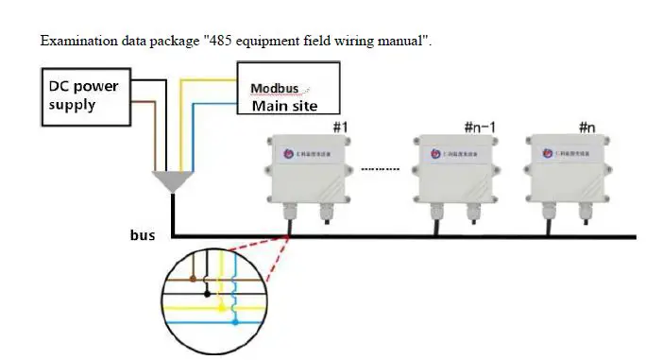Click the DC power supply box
(x=85, y=95)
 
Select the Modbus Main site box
(x=287, y=90)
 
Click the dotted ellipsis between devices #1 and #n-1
(x=382, y=169)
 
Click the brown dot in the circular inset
(x=193, y=280)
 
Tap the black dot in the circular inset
(x=207, y=294)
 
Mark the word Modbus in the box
(x=275, y=89)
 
